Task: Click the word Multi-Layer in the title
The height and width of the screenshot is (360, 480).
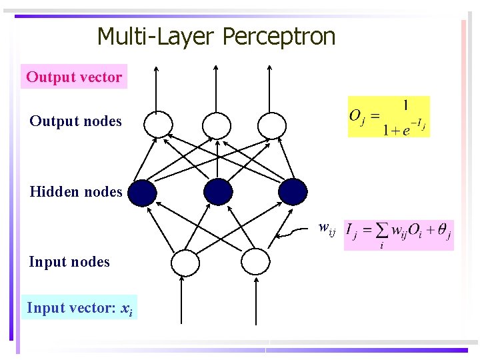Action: [157, 37]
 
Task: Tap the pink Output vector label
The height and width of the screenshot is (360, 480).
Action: [74, 77]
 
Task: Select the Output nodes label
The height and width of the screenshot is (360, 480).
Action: [75, 121]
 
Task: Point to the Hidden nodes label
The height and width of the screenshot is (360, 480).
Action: [75, 193]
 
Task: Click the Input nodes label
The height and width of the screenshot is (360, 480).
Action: [69, 262]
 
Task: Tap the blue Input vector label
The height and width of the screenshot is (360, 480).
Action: [79, 308]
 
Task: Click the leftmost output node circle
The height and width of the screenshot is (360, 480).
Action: [159, 124]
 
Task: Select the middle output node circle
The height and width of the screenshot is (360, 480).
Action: [216, 124]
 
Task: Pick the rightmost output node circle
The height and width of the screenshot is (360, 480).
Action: [271, 124]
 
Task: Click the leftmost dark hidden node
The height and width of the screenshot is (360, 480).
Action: [142, 193]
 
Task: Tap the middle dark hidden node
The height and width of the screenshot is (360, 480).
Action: [219, 192]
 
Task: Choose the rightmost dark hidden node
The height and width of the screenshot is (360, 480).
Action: [293, 192]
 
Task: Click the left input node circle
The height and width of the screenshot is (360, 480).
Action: [185, 263]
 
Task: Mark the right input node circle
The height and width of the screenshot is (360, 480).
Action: [255, 262]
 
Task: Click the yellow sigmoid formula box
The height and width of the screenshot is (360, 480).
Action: [389, 117]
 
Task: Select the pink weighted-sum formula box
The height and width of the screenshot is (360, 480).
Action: [399, 235]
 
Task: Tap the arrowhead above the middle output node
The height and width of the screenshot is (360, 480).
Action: [215, 67]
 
